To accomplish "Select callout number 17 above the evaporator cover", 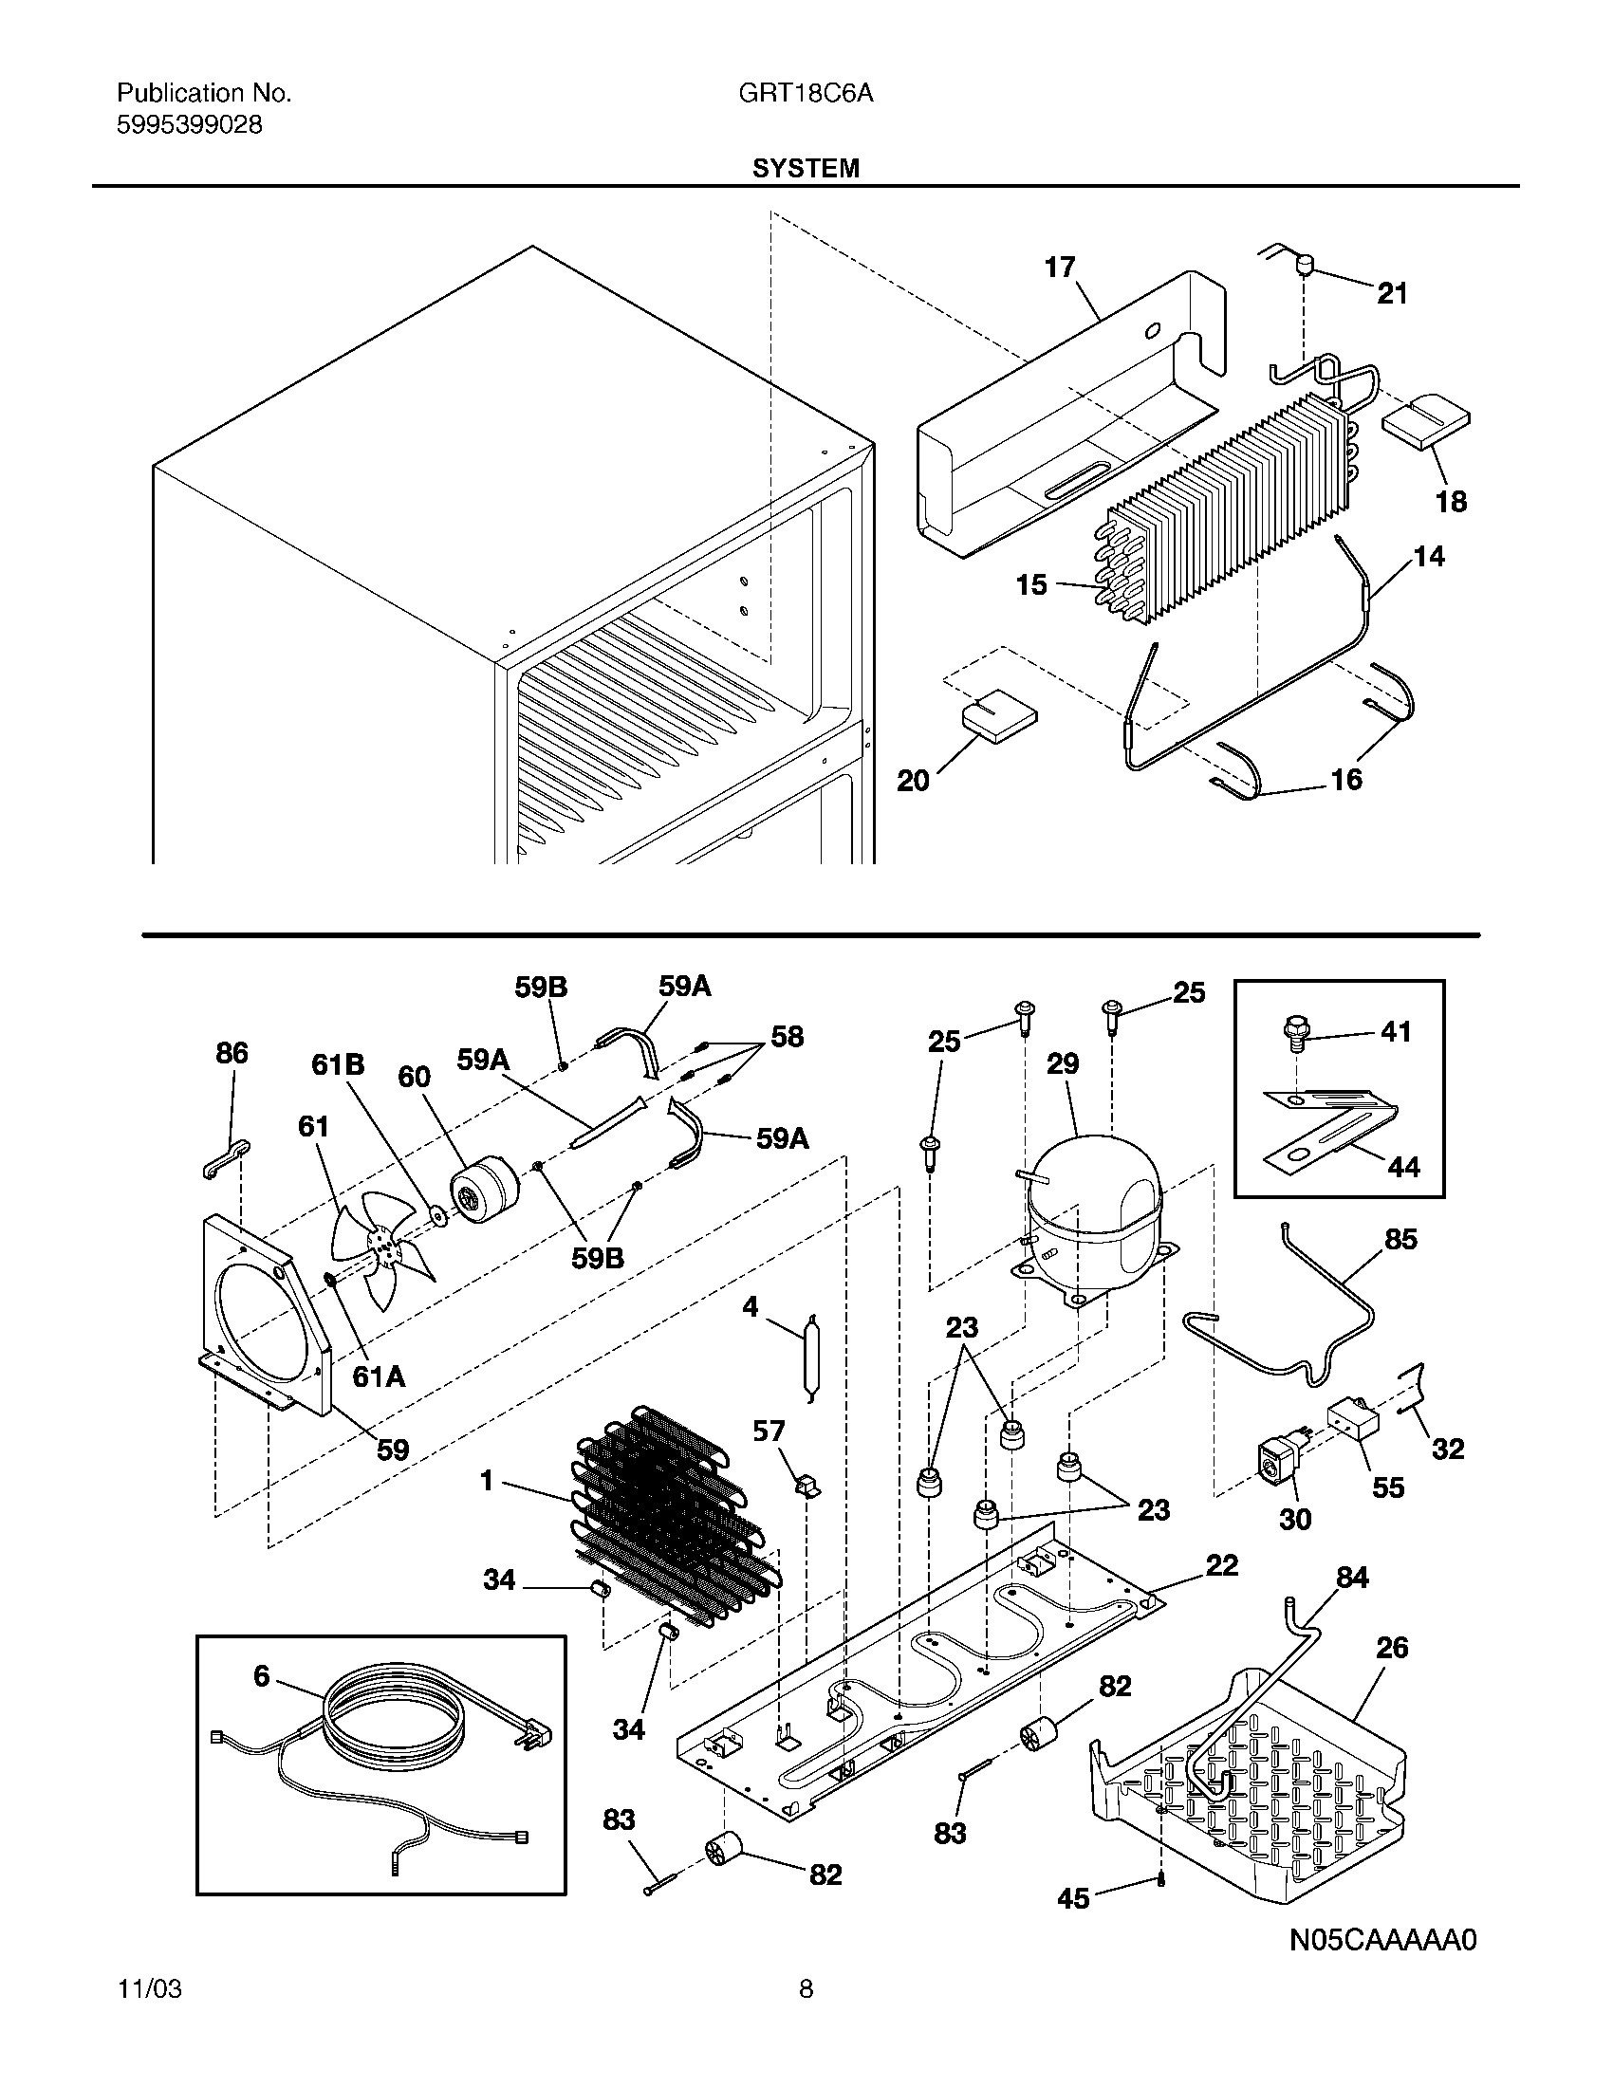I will [1060, 267].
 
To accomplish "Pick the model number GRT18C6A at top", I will [805, 94].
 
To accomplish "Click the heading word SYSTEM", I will [806, 168].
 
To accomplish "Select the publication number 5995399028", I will [189, 125].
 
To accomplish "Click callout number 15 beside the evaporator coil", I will [1031, 583].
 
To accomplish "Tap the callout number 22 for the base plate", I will [1221, 1565].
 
